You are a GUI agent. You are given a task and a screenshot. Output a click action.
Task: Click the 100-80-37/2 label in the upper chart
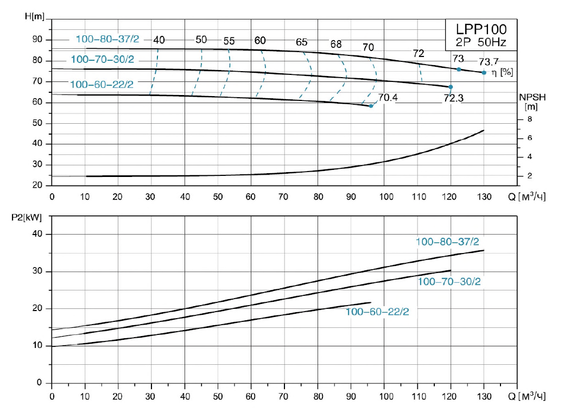(107, 39)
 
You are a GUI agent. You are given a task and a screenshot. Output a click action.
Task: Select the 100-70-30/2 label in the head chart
(102, 59)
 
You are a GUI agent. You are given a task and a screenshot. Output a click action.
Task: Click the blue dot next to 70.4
(371, 106)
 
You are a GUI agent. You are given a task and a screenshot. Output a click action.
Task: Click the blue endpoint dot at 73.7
(484, 73)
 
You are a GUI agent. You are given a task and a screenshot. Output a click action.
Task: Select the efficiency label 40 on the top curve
(159, 40)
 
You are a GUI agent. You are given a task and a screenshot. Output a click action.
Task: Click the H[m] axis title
(35, 16)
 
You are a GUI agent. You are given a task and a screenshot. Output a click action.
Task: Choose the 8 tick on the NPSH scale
(530, 119)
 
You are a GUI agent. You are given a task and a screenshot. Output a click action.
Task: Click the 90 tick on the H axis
(37, 40)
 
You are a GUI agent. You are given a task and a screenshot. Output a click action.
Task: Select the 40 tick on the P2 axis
(37, 234)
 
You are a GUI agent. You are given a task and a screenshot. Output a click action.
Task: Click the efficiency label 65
(302, 42)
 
